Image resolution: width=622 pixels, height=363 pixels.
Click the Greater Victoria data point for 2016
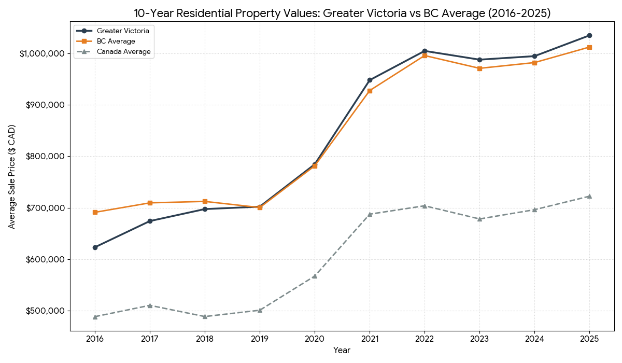pos(95,247)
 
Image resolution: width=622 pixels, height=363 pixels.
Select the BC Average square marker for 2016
pos(95,212)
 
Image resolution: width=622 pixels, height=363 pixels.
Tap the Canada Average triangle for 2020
pos(315,276)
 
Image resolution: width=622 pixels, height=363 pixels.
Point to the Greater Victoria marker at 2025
pos(589,35)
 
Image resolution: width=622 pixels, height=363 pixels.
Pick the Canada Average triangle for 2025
pos(589,196)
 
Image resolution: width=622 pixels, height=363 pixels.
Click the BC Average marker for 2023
pos(479,68)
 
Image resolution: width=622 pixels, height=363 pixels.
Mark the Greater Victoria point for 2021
pos(370,80)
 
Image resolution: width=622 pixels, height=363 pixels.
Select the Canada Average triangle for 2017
pos(150,305)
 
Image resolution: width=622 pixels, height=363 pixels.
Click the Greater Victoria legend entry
pos(123,31)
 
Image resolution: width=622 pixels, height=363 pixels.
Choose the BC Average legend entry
pos(116,41)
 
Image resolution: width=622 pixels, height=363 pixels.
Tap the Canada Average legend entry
pos(123,51)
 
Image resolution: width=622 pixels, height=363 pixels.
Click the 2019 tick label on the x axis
pos(260,339)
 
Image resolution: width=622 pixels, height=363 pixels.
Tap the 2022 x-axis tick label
pos(425,339)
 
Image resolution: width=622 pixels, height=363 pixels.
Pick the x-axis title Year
pos(342,351)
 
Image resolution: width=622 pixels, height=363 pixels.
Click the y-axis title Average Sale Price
pos(11,176)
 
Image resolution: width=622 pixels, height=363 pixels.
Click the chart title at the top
pos(342,13)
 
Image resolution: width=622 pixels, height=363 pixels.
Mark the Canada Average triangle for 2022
pos(425,205)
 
